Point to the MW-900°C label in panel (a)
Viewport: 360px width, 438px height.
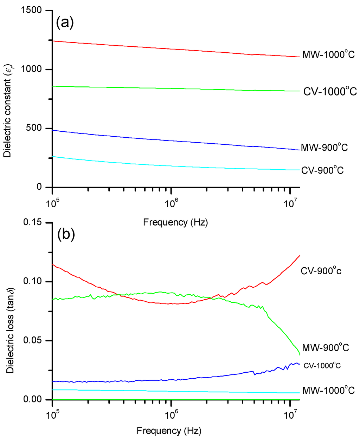pyautogui.click(x=324, y=148)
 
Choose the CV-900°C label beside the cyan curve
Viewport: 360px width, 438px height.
pyautogui.click(x=322, y=171)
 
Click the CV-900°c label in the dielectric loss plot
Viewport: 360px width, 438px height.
pyautogui.click(x=321, y=271)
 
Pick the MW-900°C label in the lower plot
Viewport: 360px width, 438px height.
pyautogui.click(x=326, y=348)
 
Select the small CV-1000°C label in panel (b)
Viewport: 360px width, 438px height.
pyautogui.click(x=322, y=366)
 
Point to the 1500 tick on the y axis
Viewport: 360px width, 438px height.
pyautogui.click(x=34, y=11)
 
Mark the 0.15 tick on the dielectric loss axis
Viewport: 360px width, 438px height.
pyautogui.click(x=33, y=223)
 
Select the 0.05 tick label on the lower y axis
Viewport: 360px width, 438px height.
pyautogui.click(x=33, y=341)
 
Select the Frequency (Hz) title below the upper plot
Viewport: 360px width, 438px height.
pyautogui.click(x=175, y=222)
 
